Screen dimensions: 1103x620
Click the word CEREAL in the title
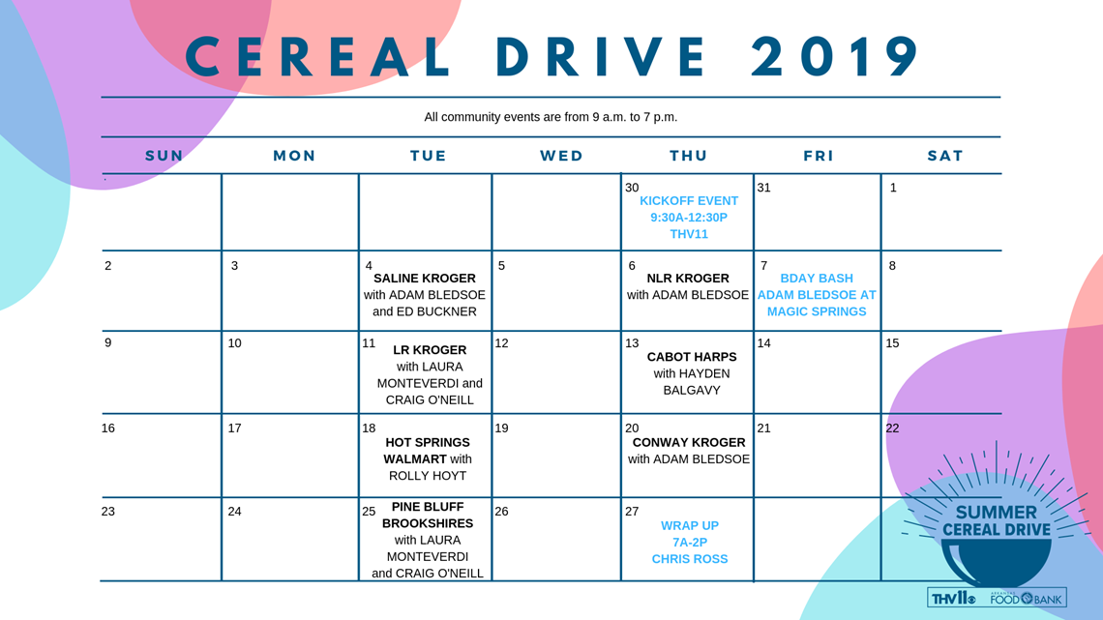pos(318,56)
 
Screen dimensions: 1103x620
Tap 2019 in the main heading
pos(835,56)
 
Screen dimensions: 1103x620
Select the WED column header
pos(561,156)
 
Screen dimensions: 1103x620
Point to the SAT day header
pos(944,156)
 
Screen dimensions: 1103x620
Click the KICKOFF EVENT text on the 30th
pos(689,201)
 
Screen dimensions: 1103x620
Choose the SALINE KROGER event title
pos(424,279)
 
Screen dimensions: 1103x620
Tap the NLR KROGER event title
pos(688,279)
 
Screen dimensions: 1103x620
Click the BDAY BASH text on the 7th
pos(817,279)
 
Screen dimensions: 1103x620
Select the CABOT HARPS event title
pos(692,357)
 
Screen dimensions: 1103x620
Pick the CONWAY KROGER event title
pos(689,443)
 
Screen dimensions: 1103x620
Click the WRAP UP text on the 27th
pos(689,526)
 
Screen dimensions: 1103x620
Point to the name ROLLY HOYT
pos(428,476)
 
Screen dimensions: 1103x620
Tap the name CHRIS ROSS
pos(689,559)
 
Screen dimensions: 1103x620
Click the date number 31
pos(764,188)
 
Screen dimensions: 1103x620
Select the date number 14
pos(764,343)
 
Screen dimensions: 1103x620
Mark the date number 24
pos(234,512)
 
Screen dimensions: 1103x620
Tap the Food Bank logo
pos(1027,598)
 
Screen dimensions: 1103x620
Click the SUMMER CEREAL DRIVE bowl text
pos(996,521)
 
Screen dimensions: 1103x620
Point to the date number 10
pos(234,343)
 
